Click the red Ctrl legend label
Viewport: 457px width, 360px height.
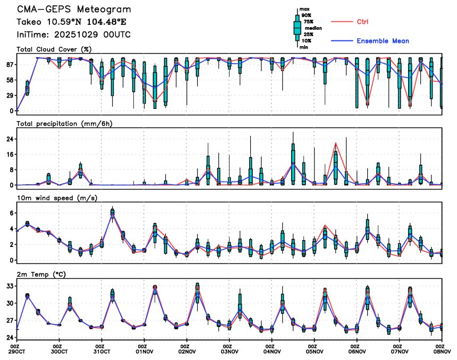pyautogui.click(x=363, y=22)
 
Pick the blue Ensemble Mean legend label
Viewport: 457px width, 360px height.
pyautogui.click(x=383, y=41)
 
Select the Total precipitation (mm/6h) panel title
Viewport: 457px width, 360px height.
pyautogui.click(x=64, y=124)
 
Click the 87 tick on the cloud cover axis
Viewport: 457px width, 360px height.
pyautogui.click(x=10, y=64)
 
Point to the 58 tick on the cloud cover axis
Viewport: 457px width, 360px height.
pyautogui.click(x=10, y=80)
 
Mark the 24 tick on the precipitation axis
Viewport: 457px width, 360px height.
pyautogui.click(x=10, y=139)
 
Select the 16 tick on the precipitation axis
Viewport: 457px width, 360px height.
pyautogui.click(x=10, y=155)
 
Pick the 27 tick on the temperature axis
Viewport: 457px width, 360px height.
pyautogui.click(x=10, y=321)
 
